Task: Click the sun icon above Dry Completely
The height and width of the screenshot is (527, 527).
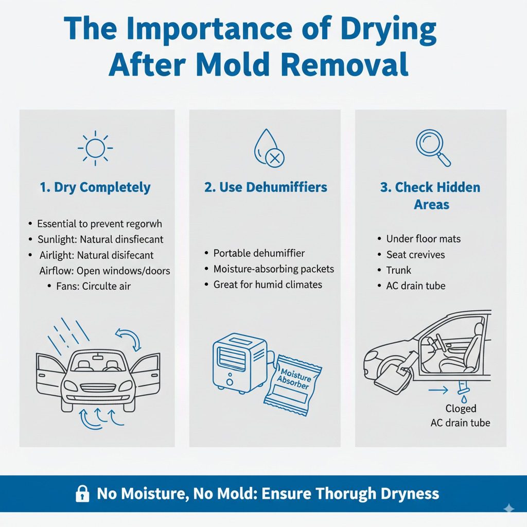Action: click(95, 148)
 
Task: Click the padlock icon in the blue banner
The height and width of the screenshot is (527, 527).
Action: click(82, 495)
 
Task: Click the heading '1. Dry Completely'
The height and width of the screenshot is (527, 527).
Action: click(95, 187)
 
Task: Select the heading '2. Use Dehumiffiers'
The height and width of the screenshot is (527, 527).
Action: click(266, 187)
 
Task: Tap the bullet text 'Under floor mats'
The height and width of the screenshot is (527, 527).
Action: click(423, 239)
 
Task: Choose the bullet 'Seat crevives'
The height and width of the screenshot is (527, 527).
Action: click(415, 255)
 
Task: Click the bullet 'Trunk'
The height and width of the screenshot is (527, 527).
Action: click(399, 270)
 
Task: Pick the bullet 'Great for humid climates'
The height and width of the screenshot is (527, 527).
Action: click(268, 284)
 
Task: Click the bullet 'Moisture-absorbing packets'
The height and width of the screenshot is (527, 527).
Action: click(273, 269)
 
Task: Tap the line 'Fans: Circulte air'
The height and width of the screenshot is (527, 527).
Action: click(93, 286)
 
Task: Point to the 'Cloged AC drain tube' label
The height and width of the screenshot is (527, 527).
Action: click(460, 416)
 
